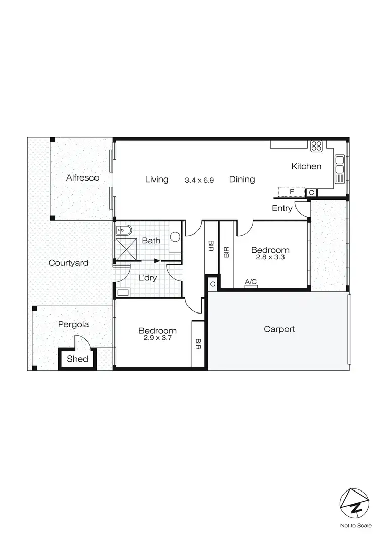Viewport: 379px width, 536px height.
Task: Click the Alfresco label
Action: click(x=82, y=177)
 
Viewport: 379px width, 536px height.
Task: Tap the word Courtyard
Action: click(x=68, y=263)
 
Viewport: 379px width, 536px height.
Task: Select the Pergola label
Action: click(x=73, y=324)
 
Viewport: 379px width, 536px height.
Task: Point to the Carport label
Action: click(x=279, y=329)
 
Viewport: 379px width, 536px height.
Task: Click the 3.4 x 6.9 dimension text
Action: click(x=200, y=180)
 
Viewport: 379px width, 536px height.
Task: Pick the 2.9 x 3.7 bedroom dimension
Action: click(x=158, y=338)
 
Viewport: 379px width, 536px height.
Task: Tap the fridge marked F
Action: click(x=292, y=192)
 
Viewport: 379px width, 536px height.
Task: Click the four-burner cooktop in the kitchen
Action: click(x=317, y=146)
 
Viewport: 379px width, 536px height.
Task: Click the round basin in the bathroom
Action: click(x=176, y=236)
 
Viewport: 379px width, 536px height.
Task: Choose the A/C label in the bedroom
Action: click(x=251, y=282)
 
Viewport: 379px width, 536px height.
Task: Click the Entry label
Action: click(x=282, y=208)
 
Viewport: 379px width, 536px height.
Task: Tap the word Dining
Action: click(x=242, y=179)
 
